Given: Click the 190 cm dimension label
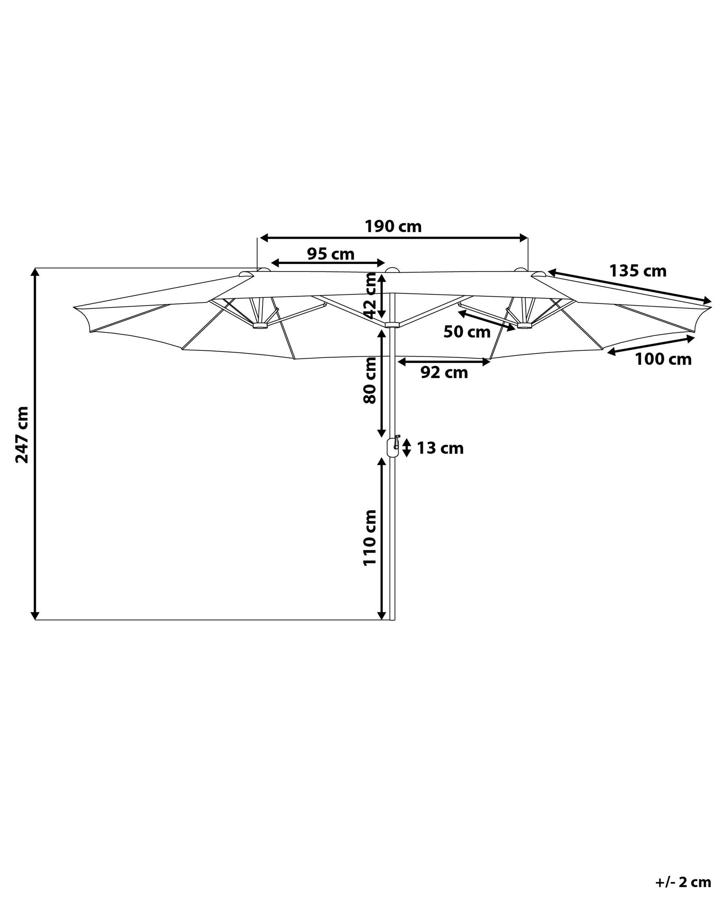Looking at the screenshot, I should pos(393,227).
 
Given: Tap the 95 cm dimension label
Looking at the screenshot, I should pos(331,254).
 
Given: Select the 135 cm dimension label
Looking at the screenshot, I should pos(637,271).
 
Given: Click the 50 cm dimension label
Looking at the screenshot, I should pos(467,332).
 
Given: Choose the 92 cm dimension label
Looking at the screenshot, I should pos(444,372).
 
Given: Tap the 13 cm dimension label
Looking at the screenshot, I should pos(440,449).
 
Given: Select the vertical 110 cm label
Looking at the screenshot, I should pos(370,538).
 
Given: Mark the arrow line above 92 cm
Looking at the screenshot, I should pos(444,362).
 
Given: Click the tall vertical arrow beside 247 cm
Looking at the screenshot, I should pos(36,444).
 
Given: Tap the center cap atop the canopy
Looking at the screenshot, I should pos(392,270).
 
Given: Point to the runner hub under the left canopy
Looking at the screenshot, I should pos(260,325).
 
